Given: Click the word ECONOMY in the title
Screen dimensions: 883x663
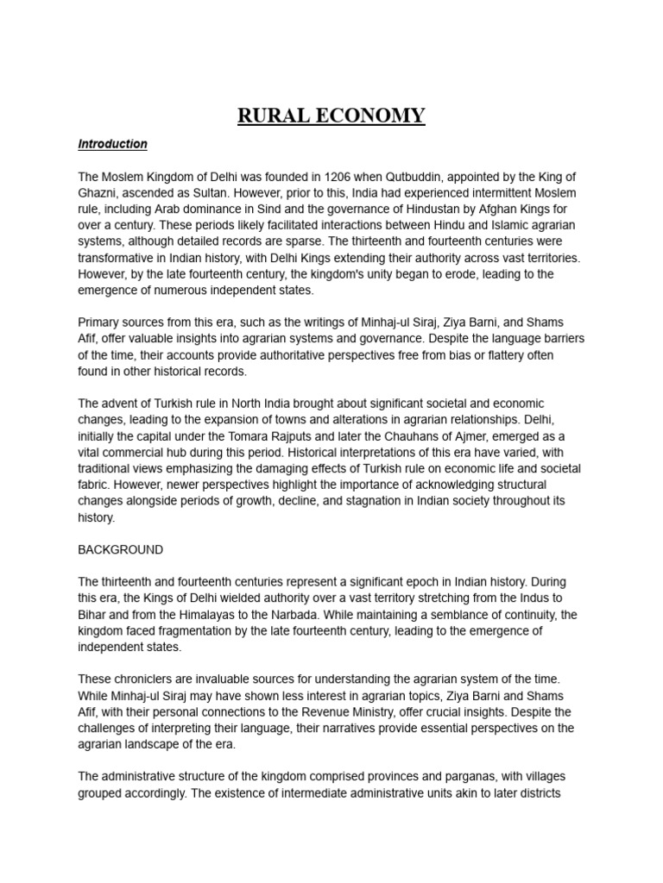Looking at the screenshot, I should click(x=371, y=116).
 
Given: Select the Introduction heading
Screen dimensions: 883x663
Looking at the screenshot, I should click(x=112, y=144).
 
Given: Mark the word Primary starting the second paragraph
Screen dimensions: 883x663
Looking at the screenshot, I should click(x=100, y=323).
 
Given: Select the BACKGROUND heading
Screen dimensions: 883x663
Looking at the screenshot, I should click(x=120, y=549).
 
